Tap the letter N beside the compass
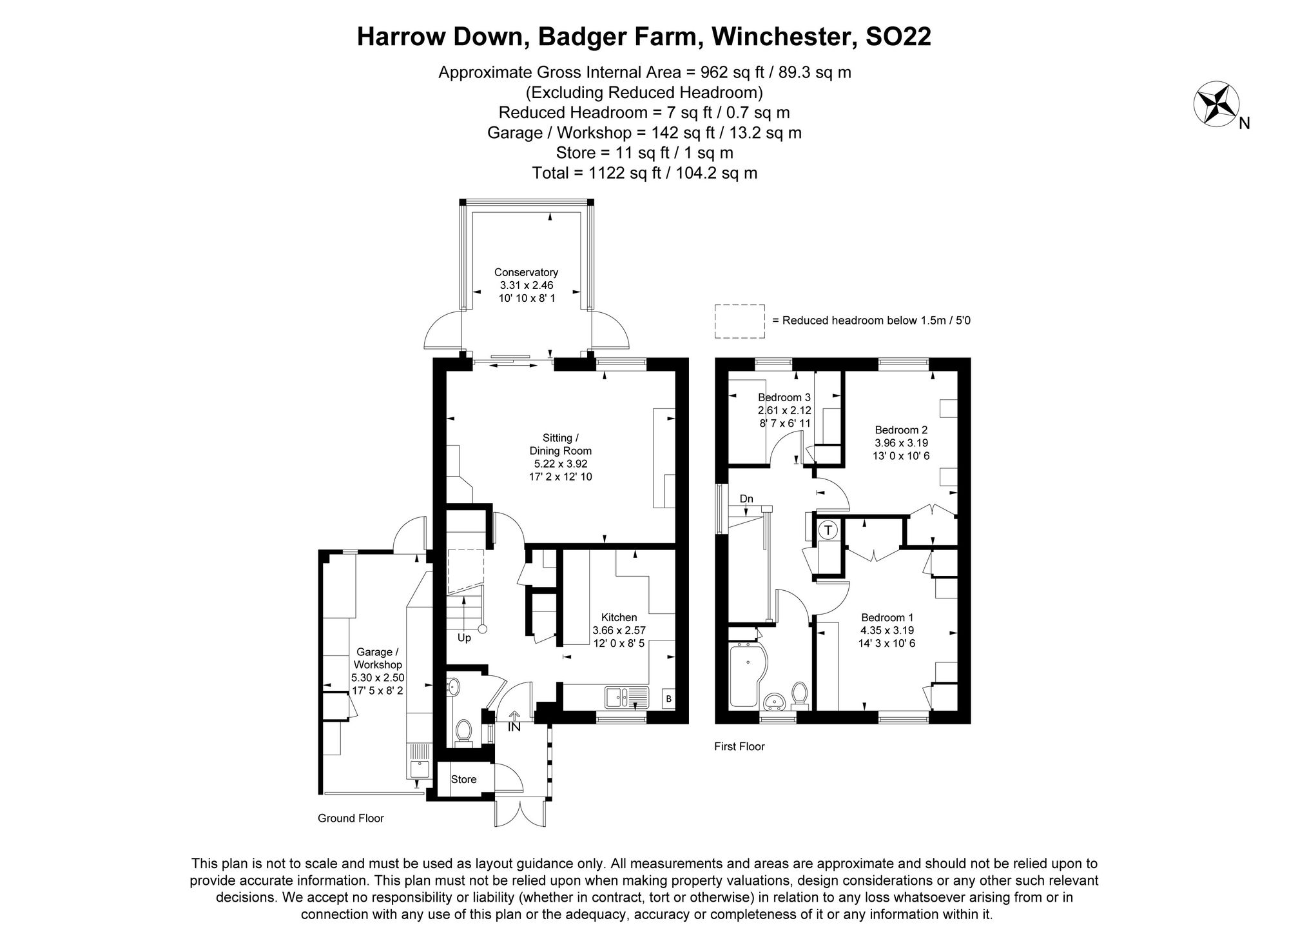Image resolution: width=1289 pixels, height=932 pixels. point(1244,123)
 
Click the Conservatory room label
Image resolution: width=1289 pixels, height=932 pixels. point(526,273)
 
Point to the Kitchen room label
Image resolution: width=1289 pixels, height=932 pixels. point(619,617)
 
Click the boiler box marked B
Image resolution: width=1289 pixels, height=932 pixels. point(668,699)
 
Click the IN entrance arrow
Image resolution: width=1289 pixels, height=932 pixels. point(514,722)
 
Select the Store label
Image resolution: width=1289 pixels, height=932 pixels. point(463,779)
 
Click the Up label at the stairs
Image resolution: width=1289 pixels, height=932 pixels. point(464,638)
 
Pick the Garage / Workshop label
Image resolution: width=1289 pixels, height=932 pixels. point(378,658)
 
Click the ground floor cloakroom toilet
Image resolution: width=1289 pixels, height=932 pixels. point(462,731)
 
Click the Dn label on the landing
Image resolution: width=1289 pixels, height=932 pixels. point(746,499)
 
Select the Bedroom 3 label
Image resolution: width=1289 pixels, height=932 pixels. point(784,397)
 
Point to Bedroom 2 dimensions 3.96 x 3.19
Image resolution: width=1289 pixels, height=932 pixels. point(901,443)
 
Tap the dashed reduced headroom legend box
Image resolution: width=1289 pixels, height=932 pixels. point(739,321)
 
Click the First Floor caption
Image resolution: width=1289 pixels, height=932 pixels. point(739,746)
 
